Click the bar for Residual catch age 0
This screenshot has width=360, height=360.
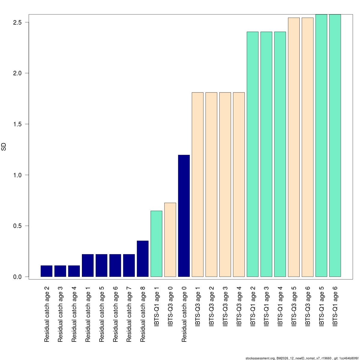[184, 216]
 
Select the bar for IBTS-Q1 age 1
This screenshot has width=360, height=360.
[156, 244]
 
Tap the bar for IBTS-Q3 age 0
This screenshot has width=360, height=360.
[170, 240]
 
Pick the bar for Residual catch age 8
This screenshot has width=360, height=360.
[142, 259]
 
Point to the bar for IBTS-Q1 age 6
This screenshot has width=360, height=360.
[335, 145]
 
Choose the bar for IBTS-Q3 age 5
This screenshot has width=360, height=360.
[294, 147]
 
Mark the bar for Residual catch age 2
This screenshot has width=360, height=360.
[46, 271]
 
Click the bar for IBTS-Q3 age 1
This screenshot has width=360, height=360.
[198, 184]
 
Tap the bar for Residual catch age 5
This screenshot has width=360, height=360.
[101, 265]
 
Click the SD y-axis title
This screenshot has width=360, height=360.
[4, 147]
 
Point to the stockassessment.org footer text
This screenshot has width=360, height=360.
[301, 358]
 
